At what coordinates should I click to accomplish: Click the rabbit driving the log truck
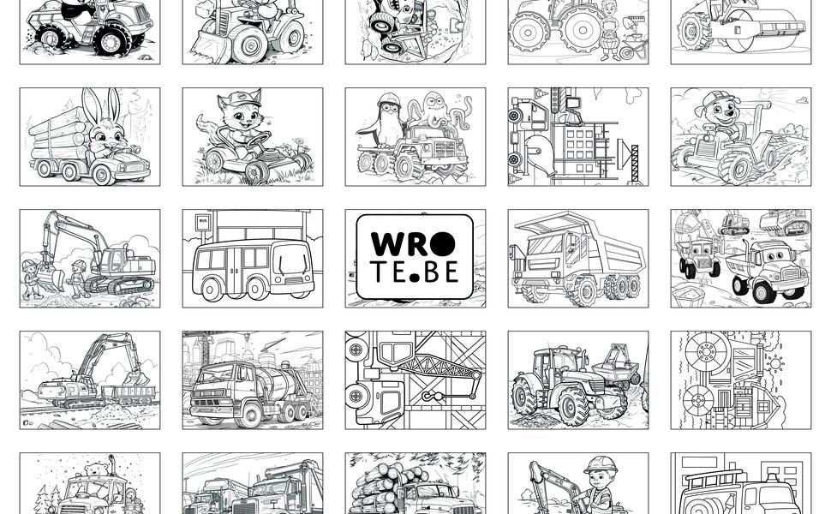pos(107,126)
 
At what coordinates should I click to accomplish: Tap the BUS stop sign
pos(202,222)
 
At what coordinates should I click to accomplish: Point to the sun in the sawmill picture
pos(775,363)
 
